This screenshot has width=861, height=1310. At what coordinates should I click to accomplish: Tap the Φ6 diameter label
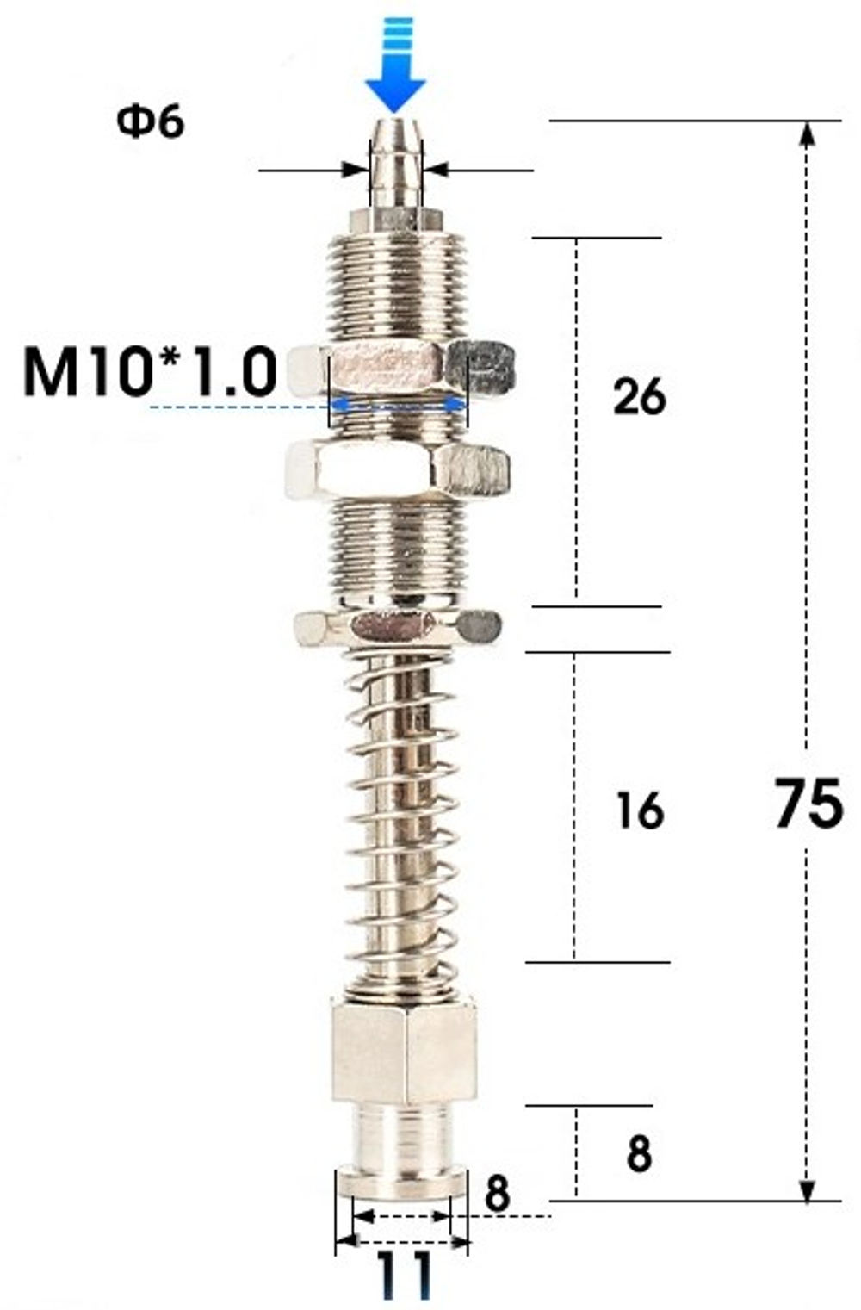[151, 122]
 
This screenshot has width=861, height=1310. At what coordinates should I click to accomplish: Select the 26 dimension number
[640, 397]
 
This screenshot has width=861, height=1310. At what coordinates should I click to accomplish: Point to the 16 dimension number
[640, 810]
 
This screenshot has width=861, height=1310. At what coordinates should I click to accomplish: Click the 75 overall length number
[808, 804]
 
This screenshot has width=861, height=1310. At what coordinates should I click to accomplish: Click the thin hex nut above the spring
[397, 626]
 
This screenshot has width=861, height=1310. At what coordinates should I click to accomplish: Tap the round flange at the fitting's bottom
[402, 1182]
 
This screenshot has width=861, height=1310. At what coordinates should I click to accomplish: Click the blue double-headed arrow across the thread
[398, 404]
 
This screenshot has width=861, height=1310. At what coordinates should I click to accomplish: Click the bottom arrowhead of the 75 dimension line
[807, 1189]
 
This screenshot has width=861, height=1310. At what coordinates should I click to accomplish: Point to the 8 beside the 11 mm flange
[497, 1194]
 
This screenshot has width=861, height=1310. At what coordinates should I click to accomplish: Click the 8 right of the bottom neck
[639, 1154]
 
